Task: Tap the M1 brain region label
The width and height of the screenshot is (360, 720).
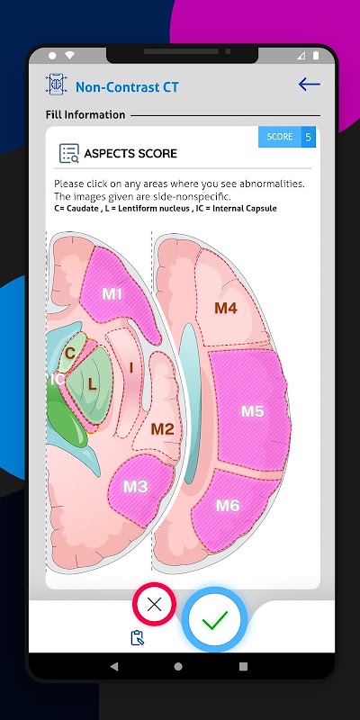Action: pyautogui.click(x=112, y=294)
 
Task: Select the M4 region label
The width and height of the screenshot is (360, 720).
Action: pyautogui.click(x=226, y=308)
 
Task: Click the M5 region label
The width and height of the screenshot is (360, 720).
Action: pyautogui.click(x=253, y=411)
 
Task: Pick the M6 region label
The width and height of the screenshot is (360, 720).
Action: pyautogui.click(x=228, y=506)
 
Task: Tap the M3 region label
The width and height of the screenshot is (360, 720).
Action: pyautogui.click(x=136, y=487)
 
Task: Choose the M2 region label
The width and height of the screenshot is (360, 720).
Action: pyautogui.click(x=163, y=429)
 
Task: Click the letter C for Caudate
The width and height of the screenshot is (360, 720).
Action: pyautogui.click(x=70, y=353)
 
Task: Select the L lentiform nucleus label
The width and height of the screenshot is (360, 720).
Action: pyautogui.click(x=93, y=385)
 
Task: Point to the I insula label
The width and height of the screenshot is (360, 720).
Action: pyautogui.click(x=131, y=368)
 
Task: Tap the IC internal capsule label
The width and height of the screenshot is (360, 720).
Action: pyautogui.click(x=57, y=379)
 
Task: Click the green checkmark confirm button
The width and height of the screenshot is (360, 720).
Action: pyautogui.click(x=214, y=620)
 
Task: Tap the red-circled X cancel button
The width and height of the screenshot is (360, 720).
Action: pyautogui.click(x=154, y=604)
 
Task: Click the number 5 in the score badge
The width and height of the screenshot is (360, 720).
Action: pyautogui.click(x=308, y=138)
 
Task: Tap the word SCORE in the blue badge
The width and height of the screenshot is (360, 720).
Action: pyautogui.click(x=280, y=137)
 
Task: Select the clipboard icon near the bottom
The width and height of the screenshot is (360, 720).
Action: pyautogui.click(x=138, y=638)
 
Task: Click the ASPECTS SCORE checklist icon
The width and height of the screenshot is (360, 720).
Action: pyautogui.click(x=69, y=153)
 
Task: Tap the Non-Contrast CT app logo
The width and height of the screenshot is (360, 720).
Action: pyautogui.click(x=56, y=85)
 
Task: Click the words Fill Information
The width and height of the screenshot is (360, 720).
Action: pyautogui.click(x=85, y=115)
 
